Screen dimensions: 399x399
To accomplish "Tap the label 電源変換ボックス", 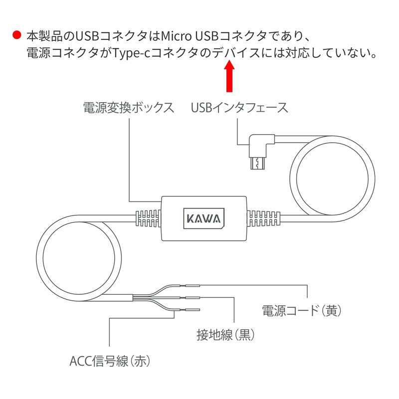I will pyautogui.click(x=129, y=108).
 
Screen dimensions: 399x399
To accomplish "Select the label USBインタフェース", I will pyautogui.click(x=239, y=108).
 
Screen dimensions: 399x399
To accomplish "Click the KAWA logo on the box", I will pyautogui.click(x=203, y=218).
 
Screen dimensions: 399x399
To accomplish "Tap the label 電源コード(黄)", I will pyautogui.click(x=301, y=311).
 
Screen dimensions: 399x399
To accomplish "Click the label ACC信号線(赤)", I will pyautogui.click(x=110, y=361).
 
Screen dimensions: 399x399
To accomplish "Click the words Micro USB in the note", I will pyautogui.click(x=191, y=36).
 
